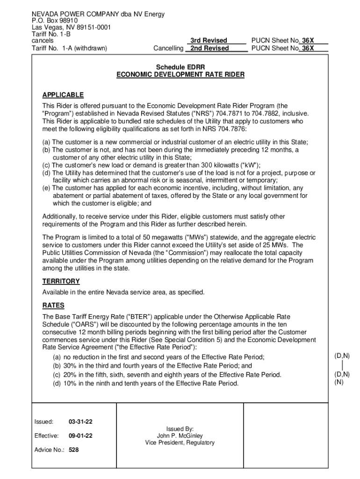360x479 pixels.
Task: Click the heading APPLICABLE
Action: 63,95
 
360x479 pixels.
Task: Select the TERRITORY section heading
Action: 61,281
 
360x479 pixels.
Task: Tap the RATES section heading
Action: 53,305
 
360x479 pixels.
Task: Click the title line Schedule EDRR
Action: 180,67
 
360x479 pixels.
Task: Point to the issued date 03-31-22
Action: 80,422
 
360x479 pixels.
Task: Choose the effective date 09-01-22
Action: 80,436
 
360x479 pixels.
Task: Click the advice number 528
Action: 73,450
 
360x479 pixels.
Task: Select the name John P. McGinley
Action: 180,435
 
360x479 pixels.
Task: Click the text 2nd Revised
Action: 209,48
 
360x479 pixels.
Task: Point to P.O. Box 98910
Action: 55,21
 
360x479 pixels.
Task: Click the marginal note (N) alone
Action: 338,382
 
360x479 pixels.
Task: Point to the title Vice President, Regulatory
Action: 180,443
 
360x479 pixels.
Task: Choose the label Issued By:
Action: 180,428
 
